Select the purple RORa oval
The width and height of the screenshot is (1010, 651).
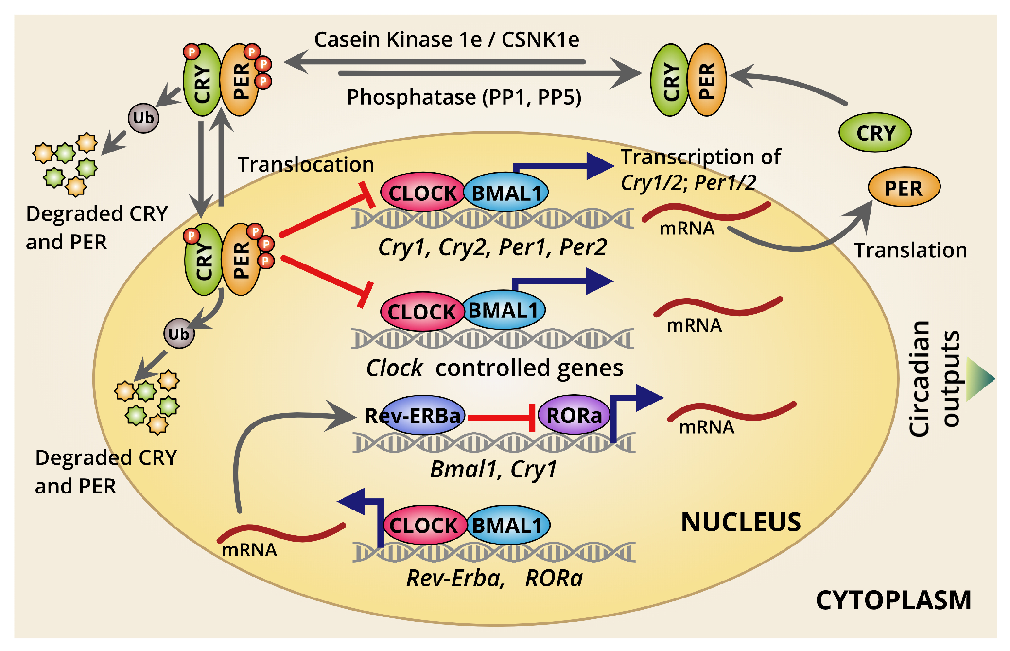574,415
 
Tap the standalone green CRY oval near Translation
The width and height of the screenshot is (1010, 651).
875,133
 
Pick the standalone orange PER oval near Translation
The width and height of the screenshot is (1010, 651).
904,188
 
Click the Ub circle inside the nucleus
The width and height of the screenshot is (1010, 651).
179,334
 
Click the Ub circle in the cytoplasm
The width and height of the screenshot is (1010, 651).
143,118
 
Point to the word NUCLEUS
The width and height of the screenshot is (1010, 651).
741,523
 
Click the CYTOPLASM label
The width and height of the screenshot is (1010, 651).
893,600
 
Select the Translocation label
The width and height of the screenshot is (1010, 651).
306,164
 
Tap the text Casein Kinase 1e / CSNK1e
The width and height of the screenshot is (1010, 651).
446,39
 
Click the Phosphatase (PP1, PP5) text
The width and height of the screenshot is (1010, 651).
464,97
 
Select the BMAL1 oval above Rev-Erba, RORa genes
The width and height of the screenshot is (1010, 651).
507,525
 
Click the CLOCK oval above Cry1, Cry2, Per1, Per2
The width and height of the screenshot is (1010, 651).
422,193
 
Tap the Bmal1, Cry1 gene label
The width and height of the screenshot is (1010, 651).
493,469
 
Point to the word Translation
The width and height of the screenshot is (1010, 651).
910,250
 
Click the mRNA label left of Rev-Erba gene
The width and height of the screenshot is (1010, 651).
249,550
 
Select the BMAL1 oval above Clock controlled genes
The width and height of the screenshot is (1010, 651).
504,310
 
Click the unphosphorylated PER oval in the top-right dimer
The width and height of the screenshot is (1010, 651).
707,80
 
